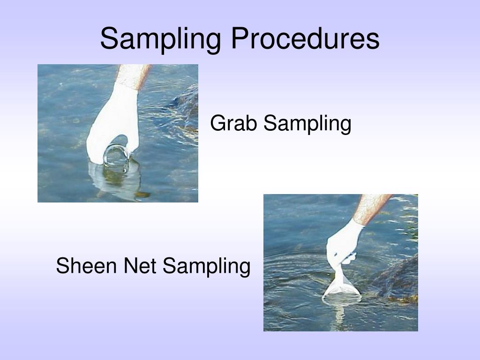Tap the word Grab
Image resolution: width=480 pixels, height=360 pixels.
coord(234,124)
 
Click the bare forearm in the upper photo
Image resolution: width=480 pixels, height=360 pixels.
coord(133,75)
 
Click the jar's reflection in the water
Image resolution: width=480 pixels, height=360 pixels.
coord(117,180)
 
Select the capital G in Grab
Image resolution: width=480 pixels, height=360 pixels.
coord(216,124)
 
